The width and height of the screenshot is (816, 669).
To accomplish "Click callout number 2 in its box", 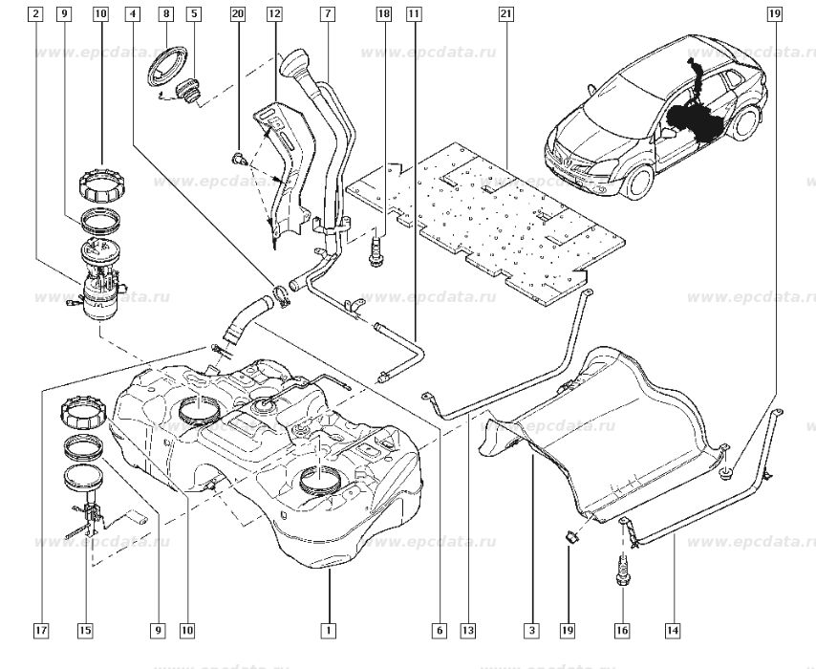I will [35, 14].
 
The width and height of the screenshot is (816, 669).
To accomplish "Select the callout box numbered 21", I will [505, 14].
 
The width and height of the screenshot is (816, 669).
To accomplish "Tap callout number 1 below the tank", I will [328, 630].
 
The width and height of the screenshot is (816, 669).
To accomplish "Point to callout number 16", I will [622, 630].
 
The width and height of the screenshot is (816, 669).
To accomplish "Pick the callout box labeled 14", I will [673, 630].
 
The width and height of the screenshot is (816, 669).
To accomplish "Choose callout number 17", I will [40, 630].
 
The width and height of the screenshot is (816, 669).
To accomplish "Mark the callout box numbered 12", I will [274, 14].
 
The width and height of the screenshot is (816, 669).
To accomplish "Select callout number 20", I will [238, 14].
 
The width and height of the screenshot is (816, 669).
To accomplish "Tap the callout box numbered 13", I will [467, 630].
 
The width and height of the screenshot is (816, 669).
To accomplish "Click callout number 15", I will [86, 630].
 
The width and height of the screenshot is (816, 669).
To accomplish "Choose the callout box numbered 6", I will [439, 630].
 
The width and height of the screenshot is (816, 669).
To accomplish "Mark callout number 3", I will [531, 630].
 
